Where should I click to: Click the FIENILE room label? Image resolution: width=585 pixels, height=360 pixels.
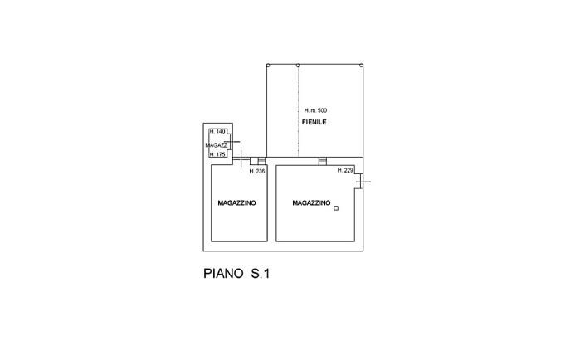point(314,122)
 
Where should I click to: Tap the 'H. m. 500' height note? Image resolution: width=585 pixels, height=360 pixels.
point(315,110)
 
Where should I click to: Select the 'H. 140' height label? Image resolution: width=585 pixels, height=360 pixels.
point(217,132)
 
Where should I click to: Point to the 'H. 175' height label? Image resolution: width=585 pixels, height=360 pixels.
point(217,154)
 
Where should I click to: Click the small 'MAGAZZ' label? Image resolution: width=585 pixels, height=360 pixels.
point(216,144)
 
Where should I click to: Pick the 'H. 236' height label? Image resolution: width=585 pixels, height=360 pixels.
point(256,171)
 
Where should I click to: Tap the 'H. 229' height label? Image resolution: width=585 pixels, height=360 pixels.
point(345,170)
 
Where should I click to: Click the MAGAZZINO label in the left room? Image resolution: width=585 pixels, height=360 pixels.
point(236,203)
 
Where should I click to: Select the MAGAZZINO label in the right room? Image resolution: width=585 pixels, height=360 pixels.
point(311,203)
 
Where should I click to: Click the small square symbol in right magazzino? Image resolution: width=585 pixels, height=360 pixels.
point(336,209)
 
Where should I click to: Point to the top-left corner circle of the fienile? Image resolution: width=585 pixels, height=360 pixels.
point(267,65)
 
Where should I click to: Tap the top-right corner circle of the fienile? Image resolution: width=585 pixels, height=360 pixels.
point(361,65)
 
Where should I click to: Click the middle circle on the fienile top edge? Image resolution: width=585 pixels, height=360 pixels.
point(298,65)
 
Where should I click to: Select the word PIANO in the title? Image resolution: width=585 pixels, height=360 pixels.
point(223,273)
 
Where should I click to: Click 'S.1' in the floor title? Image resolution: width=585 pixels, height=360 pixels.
point(260,273)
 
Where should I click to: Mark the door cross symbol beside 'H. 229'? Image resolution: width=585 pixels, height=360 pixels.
point(363,181)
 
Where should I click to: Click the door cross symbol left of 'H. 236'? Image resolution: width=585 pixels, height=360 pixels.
point(239,158)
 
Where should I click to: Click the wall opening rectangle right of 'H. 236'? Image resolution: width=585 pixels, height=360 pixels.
point(262,160)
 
